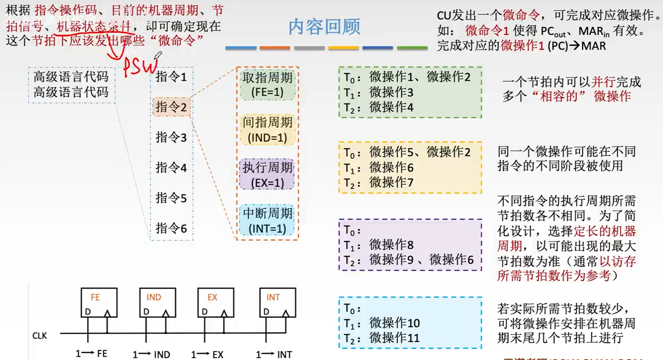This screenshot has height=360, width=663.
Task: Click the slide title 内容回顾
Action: pyautogui.click(x=324, y=27)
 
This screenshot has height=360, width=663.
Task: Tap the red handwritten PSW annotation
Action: pyautogui.click(x=140, y=66)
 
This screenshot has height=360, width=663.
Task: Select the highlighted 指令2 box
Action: pyautogui.click(x=171, y=107)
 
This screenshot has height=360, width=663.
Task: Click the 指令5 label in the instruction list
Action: pyautogui.click(x=171, y=198)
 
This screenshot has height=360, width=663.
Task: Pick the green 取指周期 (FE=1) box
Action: pyautogui.click(x=267, y=85)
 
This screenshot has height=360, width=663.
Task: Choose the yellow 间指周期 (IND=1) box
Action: pyautogui.click(x=267, y=130)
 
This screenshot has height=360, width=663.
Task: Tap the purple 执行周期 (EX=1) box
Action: pyautogui.click(x=267, y=175)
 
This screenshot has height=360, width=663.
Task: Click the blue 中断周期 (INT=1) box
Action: pyautogui.click(x=267, y=221)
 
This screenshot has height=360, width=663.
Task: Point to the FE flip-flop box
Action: pyautogui.click(x=99, y=302)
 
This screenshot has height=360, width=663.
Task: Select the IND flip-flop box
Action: pyautogui.click(x=158, y=302)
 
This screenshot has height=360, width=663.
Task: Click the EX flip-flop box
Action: pyautogui.click(x=216, y=302)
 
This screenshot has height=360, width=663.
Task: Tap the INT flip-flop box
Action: pyautogui.click(x=277, y=302)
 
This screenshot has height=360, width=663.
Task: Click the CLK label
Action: pyautogui.click(x=39, y=336)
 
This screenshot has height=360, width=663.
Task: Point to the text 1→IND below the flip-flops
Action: pyautogui.click(x=151, y=354)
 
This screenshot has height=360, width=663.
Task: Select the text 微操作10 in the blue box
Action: pyautogui.click(x=394, y=323)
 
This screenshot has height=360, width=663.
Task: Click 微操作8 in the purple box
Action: pyautogui.click(x=391, y=245)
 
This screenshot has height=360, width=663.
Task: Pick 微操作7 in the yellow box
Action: pyautogui.click(x=391, y=183)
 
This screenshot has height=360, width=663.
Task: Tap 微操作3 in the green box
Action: pyautogui.click(x=391, y=92)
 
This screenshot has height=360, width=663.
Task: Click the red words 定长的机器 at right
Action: pyautogui.click(x=605, y=231)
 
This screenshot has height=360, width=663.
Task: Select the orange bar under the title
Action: pyautogui.click(x=274, y=48)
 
